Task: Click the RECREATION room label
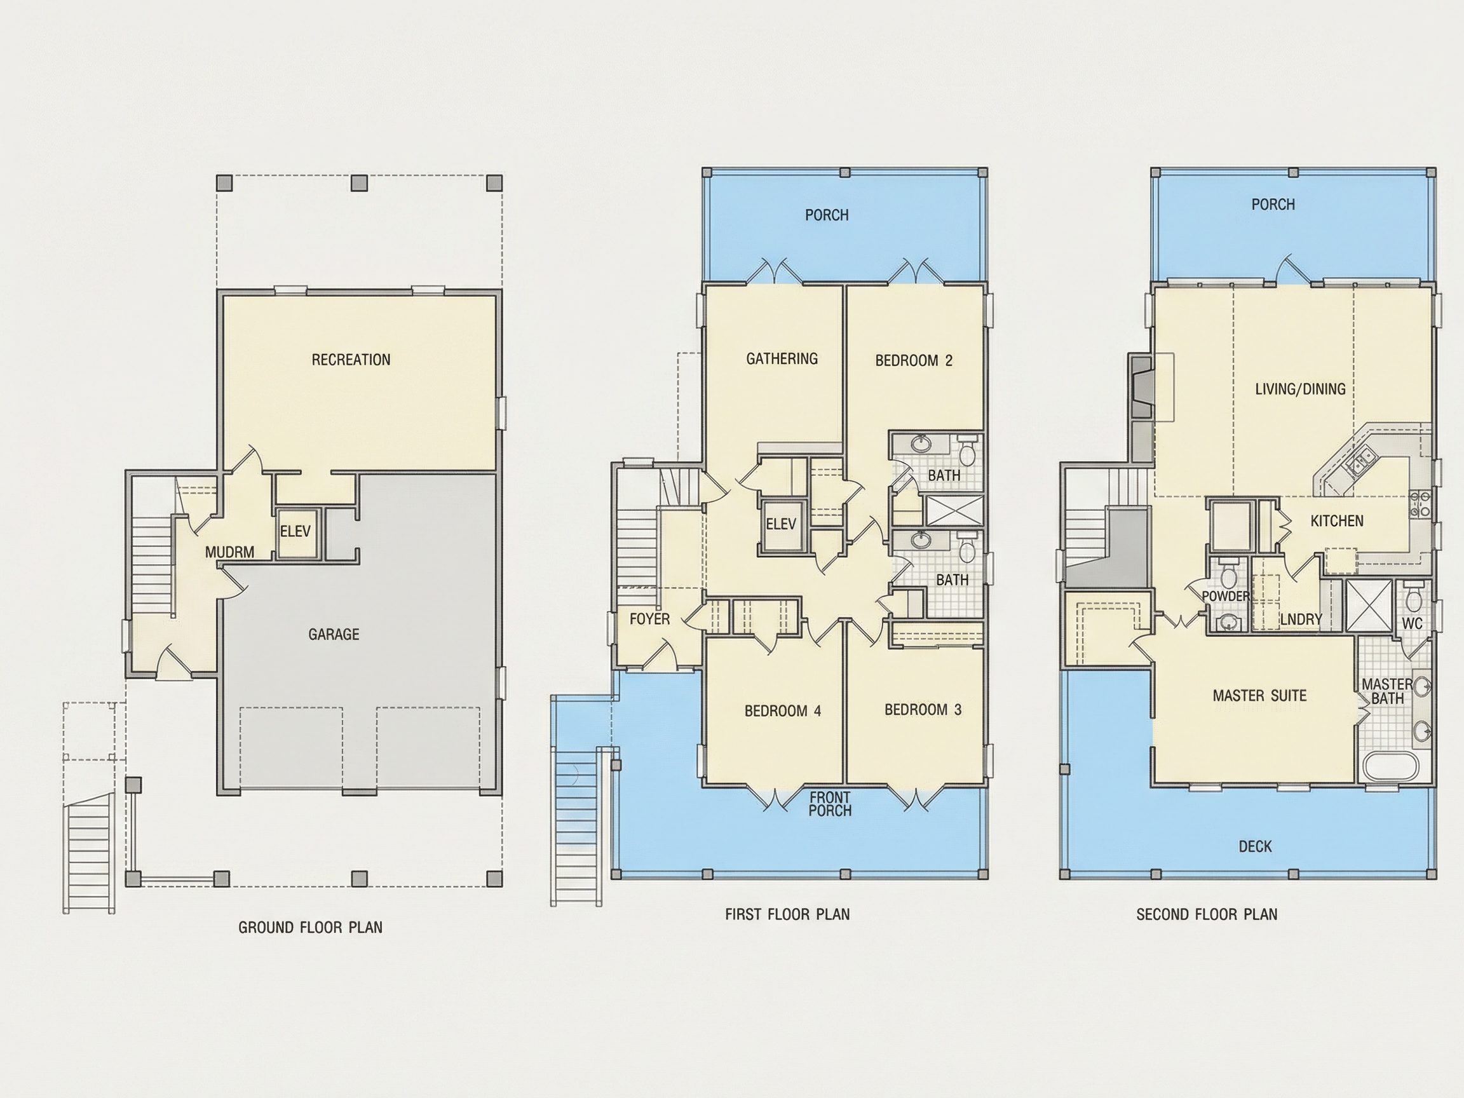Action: (351, 360)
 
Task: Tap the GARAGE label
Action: (334, 635)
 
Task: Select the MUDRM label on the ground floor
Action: (229, 552)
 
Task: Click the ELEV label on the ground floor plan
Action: (295, 531)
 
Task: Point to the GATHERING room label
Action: (782, 359)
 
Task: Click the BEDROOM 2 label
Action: (914, 361)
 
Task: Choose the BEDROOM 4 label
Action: (783, 711)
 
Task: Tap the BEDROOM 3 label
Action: (923, 710)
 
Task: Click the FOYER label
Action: (649, 619)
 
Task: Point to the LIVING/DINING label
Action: (1301, 389)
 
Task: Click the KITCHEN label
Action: (1337, 521)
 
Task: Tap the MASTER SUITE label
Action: (1259, 696)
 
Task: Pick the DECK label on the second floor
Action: (1255, 846)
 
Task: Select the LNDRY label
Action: (1301, 620)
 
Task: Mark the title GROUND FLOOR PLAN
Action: (311, 927)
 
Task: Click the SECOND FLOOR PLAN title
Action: (1207, 914)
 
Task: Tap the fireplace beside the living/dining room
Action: (1143, 387)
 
